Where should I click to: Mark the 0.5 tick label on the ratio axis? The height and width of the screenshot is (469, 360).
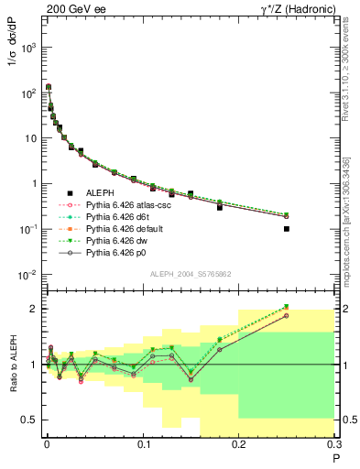coord(33,420)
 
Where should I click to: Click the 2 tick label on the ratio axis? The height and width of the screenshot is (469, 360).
coord(37,309)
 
